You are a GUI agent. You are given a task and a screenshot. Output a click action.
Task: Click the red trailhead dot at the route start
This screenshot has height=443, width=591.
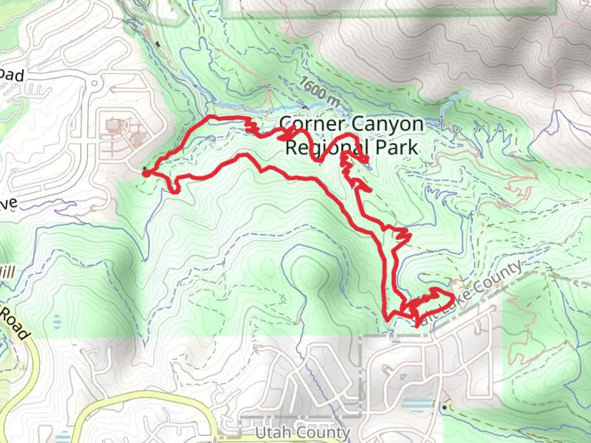pyautogui.click(x=146, y=174)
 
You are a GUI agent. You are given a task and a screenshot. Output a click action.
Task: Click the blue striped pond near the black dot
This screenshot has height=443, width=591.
pyautogui.click(x=416, y=404)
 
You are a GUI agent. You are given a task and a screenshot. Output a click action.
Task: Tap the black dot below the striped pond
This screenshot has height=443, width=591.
pyautogui.click(x=444, y=407)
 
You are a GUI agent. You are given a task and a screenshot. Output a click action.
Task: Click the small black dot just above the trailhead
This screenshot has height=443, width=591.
pyautogui.click(x=144, y=168)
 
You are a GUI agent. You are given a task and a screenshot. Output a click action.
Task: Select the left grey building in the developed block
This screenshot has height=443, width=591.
pyautogui.click(x=112, y=124)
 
